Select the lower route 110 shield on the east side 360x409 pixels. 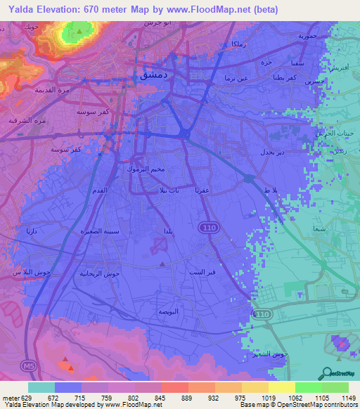tap(262, 313)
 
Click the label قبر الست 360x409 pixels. tap(201, 271)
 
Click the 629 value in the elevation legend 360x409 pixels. tap(27, 397)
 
